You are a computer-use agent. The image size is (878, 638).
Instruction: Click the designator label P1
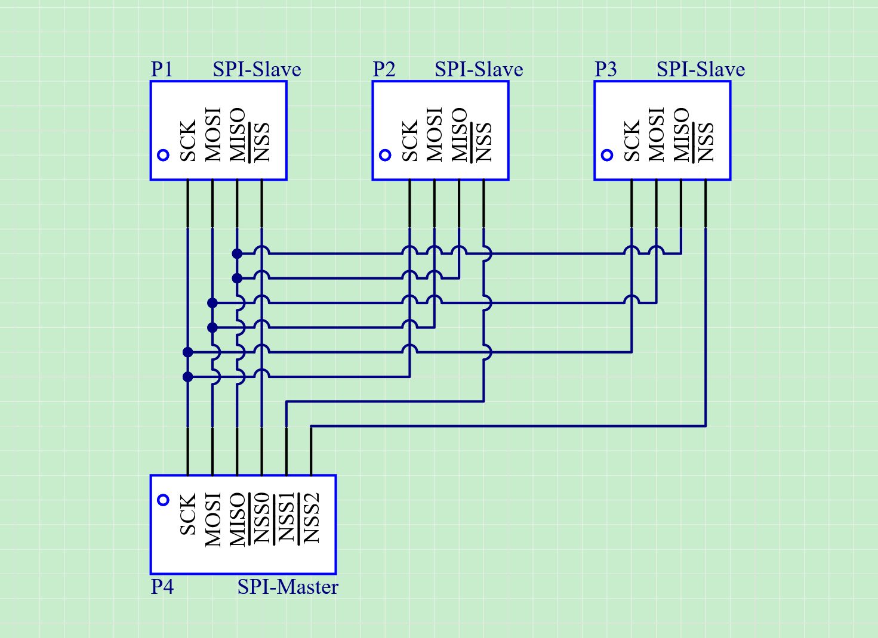[x=162, y=69]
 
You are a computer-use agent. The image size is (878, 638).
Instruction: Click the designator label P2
[x=384, y=69]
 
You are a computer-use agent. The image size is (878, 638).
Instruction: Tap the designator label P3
[x=606, y=69]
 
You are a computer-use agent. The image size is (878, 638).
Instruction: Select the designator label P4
[x=162, y=587]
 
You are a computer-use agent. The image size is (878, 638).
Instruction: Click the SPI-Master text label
[x=288, y=587]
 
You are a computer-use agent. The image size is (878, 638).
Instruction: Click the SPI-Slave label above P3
[x=701, y=69]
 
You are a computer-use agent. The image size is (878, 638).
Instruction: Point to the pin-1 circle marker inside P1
[x=164, y=155]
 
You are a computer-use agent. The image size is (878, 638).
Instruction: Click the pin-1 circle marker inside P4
[x=164, y=500]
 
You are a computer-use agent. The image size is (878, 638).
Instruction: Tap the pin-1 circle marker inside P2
[x=385, y=155]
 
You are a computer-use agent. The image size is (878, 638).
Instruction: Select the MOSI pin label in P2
[x=434, y=135]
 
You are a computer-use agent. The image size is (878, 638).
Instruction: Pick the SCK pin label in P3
[x=631, y=141]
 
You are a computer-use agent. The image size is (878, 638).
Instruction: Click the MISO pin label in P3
[x=681, y=135]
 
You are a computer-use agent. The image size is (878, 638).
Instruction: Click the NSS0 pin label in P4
[x=262, y=518]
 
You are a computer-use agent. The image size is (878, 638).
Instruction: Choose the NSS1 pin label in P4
[x=286, y=518]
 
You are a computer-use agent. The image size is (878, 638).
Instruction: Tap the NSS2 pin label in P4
[x=311, y=518]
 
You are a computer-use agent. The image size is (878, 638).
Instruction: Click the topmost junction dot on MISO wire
[x=237, y=253]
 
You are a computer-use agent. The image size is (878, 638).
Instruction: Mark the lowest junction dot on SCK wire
[x=188, y=377]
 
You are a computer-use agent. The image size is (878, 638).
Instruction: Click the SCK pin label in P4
[x=188, y=514]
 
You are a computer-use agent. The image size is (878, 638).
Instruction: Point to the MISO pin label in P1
[x=237, y=135]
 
